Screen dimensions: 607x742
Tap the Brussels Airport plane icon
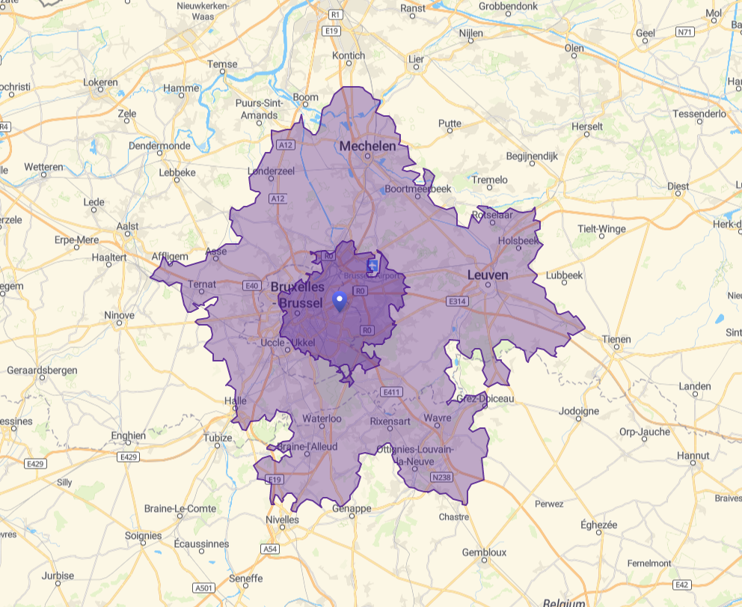pos(373,265)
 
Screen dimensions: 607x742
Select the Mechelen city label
pos(367,146)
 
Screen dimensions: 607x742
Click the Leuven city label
pos(488,275)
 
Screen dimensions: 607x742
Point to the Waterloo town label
pos(322,418)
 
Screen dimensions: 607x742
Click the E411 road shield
pos(391,392)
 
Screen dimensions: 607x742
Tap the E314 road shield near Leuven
pos(456,301)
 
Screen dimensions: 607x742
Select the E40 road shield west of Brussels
pos(251,285)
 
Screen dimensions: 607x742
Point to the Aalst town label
pos(128,226)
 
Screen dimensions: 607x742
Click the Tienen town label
pos(616,338)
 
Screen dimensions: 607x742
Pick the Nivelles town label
pos(282,519)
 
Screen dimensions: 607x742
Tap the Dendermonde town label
pos(159,145)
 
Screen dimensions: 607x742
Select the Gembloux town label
pos(484,552)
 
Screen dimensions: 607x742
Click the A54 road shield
pos(270,549)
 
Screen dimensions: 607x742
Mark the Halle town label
pos(235,400)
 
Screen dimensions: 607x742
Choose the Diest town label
pos(678,186)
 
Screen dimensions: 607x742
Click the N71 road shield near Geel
pos(684,32)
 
